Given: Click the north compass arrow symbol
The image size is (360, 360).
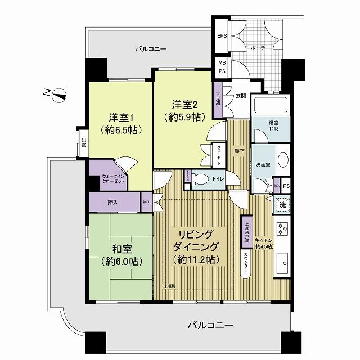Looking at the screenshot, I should coord(60,95).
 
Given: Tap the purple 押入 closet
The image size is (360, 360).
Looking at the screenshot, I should coord(112,202).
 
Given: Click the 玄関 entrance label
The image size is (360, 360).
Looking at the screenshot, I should coord(241,95).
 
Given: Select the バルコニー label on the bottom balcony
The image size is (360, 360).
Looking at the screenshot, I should coord(210,325).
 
